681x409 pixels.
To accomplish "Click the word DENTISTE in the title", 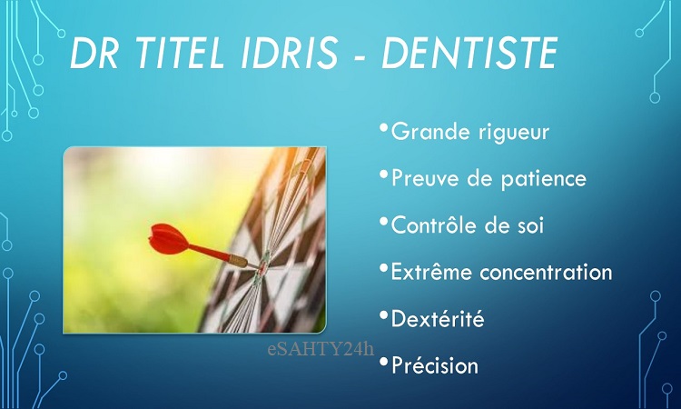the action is click(x=469, y=53).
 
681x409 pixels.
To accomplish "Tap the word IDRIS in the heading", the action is click(x=290, y=53).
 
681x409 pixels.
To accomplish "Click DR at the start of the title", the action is click(x=94, y=53).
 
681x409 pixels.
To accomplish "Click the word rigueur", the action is click(x=514, y=133).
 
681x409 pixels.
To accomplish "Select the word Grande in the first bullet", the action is click(x=429, y=131).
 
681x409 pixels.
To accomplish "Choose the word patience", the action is click(x=543, y=179).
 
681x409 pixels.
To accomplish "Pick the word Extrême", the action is click(x=431, y=272).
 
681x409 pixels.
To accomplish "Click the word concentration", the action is click(x=546, y=273).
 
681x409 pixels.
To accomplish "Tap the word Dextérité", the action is click(x=438, y=319).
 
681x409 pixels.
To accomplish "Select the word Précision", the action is click(x=435, y=365).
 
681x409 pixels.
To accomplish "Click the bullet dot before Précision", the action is click(x=383, y=361).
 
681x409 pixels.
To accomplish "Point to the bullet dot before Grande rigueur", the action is click(x=383, y=127).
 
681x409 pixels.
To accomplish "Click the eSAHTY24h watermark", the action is click(x=321, y=349).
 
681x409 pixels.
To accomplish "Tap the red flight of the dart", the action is click(x=170, y=239).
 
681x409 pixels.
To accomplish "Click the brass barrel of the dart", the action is click(x=239, y=261).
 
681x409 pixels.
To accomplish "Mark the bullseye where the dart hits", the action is click(x=262, y=269).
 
